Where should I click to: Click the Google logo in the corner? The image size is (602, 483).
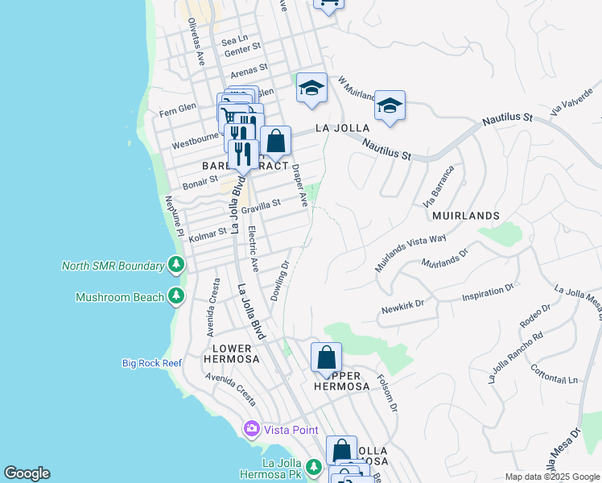coord(27,473)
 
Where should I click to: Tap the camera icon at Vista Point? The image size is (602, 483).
coord(252,429)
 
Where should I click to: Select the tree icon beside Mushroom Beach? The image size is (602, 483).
coord(176,296)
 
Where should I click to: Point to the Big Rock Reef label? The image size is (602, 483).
coord(153,363)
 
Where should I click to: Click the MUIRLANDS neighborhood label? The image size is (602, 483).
coord(465,216)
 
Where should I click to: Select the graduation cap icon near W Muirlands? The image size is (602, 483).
coord(390,105)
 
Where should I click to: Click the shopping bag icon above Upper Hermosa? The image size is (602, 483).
coord(327,356)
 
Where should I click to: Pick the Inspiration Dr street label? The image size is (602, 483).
coord(488,294)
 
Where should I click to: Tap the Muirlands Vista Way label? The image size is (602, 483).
coord(410,251)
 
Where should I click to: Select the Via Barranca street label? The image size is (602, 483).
coord(439,186)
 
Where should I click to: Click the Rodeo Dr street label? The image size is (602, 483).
coord(535,316)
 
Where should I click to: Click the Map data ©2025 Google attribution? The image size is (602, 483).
coord(551,477)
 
